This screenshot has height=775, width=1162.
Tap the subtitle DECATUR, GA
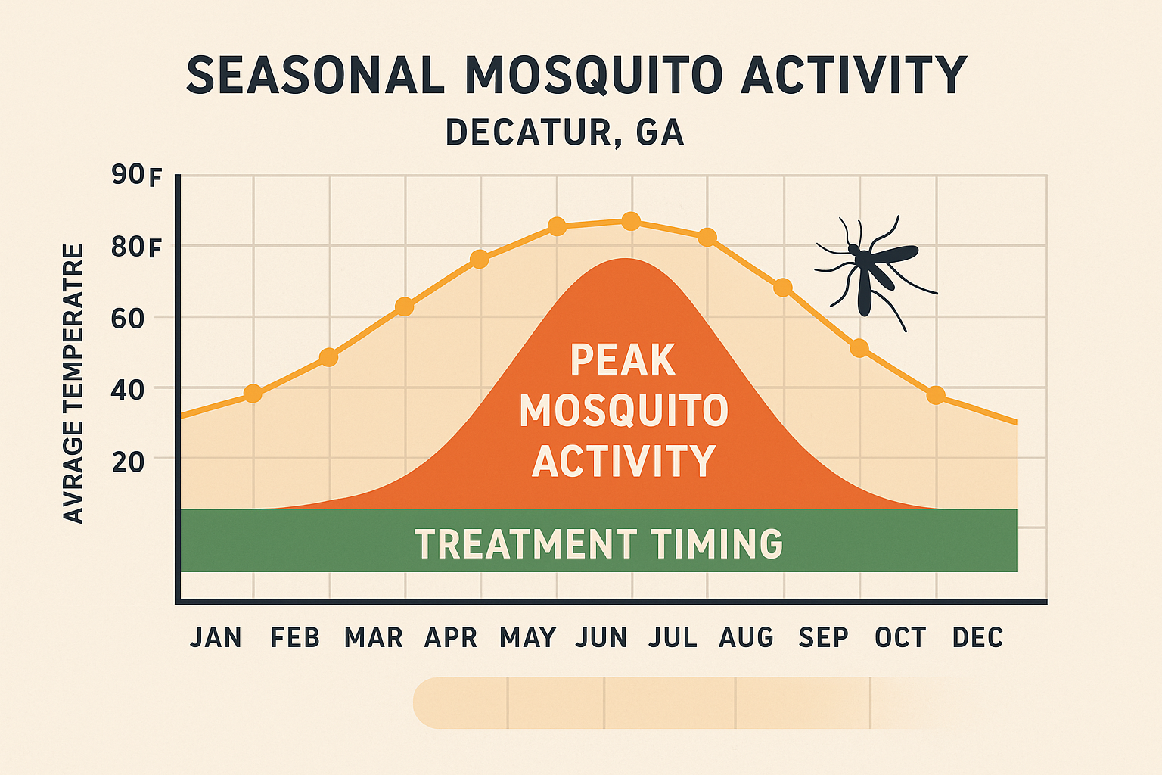pos(564,132)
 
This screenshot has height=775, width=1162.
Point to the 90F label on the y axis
pos(137,176)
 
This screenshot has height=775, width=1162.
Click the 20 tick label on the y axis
pos(128,462)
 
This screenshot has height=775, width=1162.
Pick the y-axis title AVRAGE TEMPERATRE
pos(73,383)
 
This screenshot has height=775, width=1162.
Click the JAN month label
pos(216,638)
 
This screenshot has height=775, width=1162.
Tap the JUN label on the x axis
pos(601,638)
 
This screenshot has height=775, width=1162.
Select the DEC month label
pos(977,638)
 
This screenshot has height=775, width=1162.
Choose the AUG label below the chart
pos(746,638)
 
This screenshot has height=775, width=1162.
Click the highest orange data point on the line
pos(631,222)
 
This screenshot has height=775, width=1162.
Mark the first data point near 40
pos(253,394)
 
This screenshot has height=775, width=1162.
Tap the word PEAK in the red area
pos(622,360)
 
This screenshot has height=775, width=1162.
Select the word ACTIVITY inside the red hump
pos(623,461)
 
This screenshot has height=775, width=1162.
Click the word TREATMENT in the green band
pos(526,544)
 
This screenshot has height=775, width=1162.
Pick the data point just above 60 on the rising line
pos(405,307)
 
